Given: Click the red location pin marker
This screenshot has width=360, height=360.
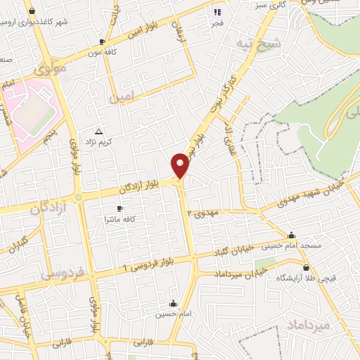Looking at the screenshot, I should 181,165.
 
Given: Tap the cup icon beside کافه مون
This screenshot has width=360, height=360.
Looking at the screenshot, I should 103,41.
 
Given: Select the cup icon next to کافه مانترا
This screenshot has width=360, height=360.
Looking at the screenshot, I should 120,209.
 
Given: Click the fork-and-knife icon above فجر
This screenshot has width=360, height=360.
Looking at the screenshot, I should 217,12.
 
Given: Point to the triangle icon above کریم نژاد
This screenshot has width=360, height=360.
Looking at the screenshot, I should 98,131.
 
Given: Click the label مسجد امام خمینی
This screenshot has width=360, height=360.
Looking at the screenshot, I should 292,245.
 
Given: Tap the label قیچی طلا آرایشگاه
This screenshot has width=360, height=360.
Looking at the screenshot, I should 306,278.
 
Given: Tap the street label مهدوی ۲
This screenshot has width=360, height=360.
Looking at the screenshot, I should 205,212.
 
